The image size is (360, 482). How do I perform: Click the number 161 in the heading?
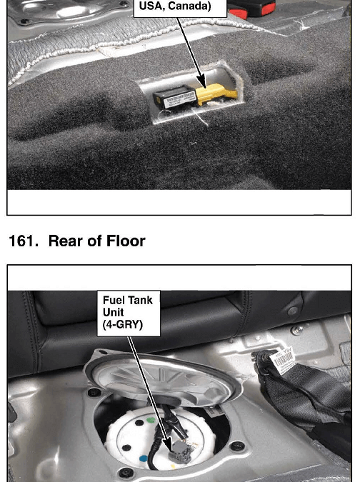click(x=23, y=241)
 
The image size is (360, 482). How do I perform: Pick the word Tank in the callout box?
click(x=139, y=301)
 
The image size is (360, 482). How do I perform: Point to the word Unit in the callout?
click(x=113, y=312)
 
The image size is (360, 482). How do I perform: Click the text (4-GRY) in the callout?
click(x=123, y=325)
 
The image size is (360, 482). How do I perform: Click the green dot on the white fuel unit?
click(x=151, y=420)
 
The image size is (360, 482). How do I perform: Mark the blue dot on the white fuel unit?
click(x=144, y=459)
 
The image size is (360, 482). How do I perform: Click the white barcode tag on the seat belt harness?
click(x=282, y=361)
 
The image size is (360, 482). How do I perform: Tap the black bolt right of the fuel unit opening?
click(x=237, y=446)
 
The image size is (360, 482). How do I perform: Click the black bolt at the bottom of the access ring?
click(x=126, y=472)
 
